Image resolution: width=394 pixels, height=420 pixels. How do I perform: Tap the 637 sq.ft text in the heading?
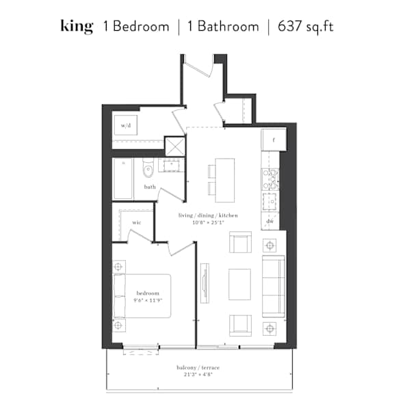[306, 27]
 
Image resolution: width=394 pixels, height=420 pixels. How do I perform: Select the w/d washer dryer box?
[126, 125]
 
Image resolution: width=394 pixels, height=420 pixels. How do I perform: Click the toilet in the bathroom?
[148, 168]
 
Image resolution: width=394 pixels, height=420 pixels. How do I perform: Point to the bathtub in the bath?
[122, 179]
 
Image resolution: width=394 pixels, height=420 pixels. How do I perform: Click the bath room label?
[150, 187]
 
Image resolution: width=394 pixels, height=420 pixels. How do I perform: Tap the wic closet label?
[137, 222]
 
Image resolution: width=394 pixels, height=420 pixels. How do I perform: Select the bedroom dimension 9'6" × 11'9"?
[148, 300]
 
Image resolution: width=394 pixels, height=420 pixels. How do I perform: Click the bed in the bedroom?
[142, 296]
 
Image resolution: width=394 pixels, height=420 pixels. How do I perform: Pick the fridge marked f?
[274, 140]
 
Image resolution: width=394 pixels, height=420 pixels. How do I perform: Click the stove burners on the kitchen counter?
[270, 179]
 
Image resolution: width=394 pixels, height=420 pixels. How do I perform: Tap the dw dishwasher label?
[270, 221]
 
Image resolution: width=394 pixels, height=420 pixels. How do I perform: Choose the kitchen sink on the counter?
[270, 201]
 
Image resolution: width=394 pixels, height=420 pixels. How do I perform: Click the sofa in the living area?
[273, 286]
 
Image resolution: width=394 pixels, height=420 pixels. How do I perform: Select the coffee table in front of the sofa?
[239, 284]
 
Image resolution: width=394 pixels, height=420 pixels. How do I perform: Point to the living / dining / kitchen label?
[208, 215]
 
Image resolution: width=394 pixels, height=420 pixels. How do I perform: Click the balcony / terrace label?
[198, 367]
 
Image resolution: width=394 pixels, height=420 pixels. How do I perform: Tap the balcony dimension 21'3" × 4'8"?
[198, 374]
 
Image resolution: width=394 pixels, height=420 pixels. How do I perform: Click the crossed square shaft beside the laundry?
[175, 146]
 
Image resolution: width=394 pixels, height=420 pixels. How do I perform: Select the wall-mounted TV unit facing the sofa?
[205, 283]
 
